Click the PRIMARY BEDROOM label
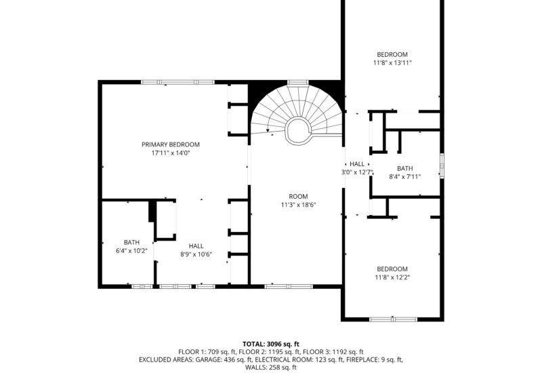click(x=170, y=144)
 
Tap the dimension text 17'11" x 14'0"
click(x=170, y=153)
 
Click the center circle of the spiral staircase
click(x=297, y=129)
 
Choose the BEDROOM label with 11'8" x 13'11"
click(x=393, y=54)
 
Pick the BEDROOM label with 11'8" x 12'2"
click(x=392, y=269)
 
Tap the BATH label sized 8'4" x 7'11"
click(x=404, y=169)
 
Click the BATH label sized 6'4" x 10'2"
click(x=131, y=242)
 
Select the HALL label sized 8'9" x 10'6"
click(x=196, y=246)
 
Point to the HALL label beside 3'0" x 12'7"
click(x=357, y=164)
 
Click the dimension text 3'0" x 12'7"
click(x=357, y=173)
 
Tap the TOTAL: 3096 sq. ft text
click(x=270, y=344)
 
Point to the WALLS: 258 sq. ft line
click(x=270, y=368)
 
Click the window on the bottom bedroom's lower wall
click(x=392, y=318)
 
